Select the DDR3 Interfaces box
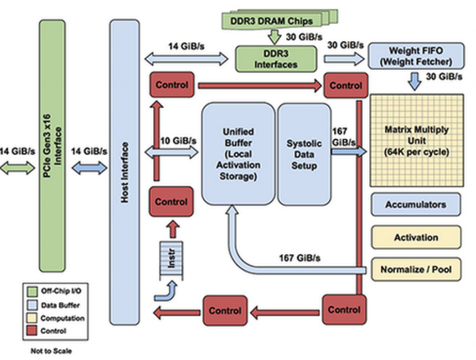point(276,59)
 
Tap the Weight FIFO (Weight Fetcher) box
point(416,56)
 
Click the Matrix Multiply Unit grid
point(416,140)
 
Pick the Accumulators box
point(415,204)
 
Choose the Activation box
point(416,237)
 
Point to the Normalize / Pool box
point(416,269)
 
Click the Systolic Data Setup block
point(304,154)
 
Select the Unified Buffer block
point(238,154)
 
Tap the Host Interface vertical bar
point(125,173)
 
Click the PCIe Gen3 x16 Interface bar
point(52,146)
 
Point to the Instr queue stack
point(171,261)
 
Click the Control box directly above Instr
point(171,202)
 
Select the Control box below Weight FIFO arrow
point(346,85)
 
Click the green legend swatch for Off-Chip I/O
point(32,291)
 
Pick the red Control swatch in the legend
point(32,331)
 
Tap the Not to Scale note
point(51,351)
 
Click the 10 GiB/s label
point(179,141)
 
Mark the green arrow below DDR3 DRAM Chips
point(274,37)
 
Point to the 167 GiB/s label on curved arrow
point(299,258)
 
